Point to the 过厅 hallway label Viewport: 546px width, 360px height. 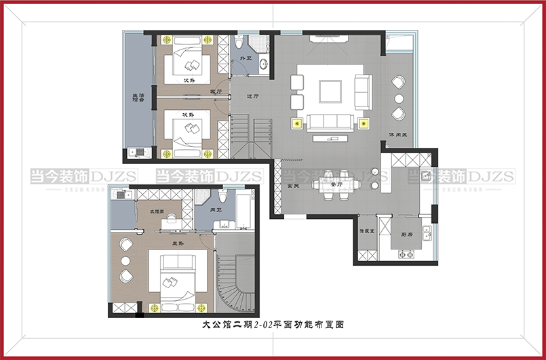pos(254,96)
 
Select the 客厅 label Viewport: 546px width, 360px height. pos(216,92)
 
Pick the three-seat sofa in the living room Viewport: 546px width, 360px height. pos(329,122)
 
